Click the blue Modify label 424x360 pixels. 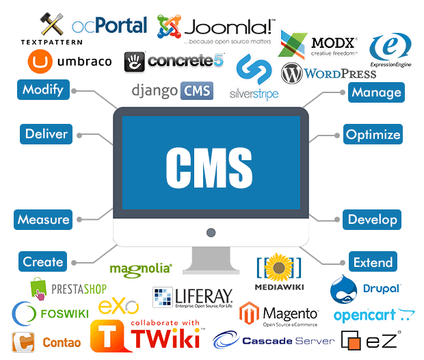coord(43,89)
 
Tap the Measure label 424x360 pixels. coord(44,220)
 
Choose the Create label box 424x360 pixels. coord(43,261)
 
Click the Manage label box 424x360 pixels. coord(375,92)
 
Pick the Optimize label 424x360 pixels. coord(373,134)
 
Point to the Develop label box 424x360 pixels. coord(373,220)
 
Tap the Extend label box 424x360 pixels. coord(373,262)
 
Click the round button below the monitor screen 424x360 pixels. coord(211,233)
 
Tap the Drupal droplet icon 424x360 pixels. coord(344,289)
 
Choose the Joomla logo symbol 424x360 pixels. coord(169,26)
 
